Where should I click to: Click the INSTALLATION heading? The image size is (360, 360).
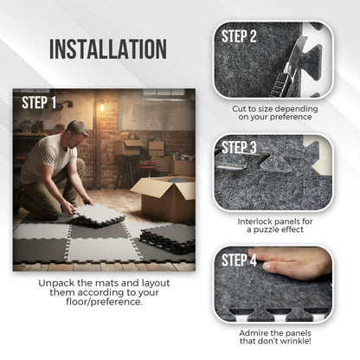[x=107, y=48]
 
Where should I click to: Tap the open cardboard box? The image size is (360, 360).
[x=164, y=198]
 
